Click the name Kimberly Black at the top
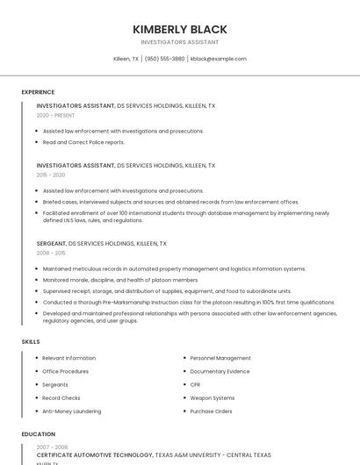179,29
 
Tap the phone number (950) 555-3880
164,59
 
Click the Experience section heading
38,92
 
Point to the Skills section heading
31,341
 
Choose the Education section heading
38,433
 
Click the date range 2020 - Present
56,115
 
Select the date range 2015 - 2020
51,175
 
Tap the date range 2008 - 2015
51,253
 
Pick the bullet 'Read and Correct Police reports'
83,142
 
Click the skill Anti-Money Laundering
72,411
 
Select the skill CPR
196,384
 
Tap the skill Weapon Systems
212,397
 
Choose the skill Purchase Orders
212,411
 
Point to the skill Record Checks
62,397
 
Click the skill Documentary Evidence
220,371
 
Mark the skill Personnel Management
220,358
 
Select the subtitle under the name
179,42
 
